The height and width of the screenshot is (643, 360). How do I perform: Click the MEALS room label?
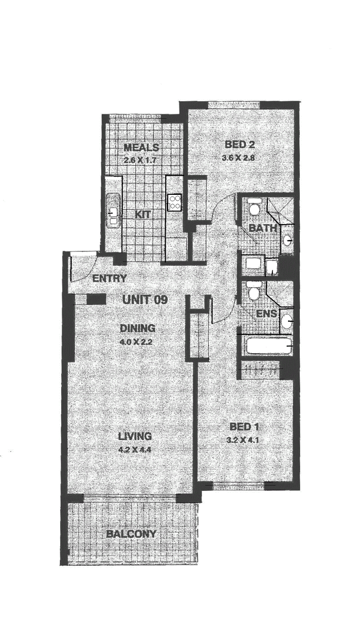[141, 148]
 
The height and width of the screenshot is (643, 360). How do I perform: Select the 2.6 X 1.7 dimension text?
[140, 160]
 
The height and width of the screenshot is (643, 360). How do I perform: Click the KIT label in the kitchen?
[143, 214]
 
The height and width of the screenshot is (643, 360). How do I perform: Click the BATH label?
[262, 229]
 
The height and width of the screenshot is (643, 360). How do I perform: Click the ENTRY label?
[109, 278]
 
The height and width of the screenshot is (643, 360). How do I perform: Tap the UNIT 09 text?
[145, 300]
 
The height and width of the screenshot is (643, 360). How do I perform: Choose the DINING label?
[138, 328]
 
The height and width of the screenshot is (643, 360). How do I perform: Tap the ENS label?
[266, 314]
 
